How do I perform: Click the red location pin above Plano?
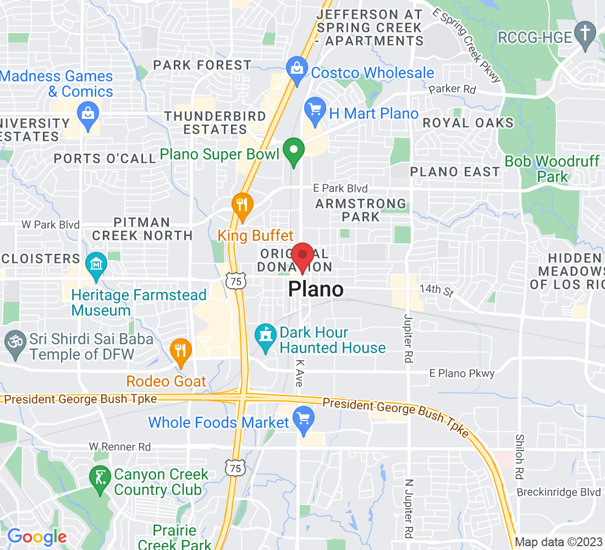(302, 256)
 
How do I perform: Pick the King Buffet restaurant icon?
(241, 204)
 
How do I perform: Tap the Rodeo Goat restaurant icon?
(180, 349)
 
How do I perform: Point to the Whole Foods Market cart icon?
(303, 420)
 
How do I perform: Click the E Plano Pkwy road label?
(462, 373)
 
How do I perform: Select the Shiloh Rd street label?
(519, 456)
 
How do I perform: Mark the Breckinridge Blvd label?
(558, 492)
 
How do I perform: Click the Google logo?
(37, 536)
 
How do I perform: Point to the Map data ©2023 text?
(558, 542)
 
